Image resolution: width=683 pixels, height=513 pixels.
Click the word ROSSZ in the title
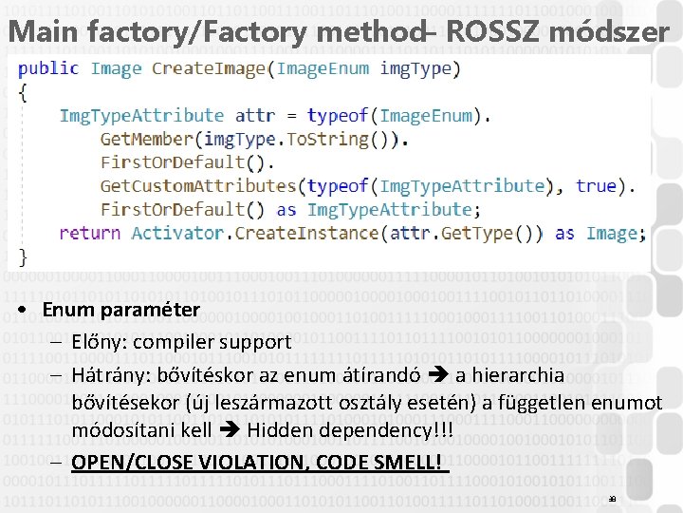click(x=489, y=30)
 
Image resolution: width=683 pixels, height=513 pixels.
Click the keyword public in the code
click(x=48, y=68)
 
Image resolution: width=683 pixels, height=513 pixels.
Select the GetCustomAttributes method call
click(x=198, y=186)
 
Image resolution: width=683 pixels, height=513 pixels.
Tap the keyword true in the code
click(x=596, y=186)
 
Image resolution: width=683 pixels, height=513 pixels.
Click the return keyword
click(x=89, y=233)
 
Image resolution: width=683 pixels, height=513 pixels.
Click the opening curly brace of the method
click(x=23, y=92)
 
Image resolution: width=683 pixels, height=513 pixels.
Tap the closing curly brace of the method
click(x=23, y=256)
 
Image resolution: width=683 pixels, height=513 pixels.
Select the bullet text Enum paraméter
click(x=120, y=310)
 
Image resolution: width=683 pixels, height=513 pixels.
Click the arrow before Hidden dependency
click(x=231, y=431)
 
